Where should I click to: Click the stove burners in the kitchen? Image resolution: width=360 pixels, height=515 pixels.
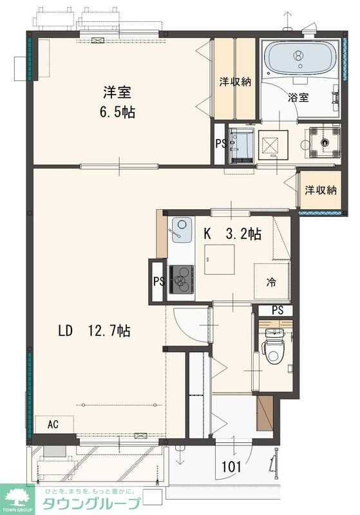pos(182,279)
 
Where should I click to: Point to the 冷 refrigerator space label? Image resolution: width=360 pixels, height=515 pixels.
pos(271,282)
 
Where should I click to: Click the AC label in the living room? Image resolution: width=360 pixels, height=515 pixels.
pos(53,424)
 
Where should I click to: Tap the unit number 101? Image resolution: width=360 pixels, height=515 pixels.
pos(232,467)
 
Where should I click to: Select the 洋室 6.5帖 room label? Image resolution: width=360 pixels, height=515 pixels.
pos(117,102)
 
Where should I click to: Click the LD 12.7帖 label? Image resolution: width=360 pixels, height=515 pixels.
pos(94,331)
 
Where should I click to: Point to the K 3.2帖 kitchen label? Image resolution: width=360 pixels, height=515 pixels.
pos(232,234)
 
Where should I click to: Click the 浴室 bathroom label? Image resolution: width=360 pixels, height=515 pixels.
pos(298,97)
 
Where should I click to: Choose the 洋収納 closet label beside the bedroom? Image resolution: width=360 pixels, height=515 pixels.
pos(235,82)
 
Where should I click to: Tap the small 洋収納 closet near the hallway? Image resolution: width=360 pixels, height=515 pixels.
pos(321,190)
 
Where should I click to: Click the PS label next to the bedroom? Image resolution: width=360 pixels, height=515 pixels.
pos(221,144)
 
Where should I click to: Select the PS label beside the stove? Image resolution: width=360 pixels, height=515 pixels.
pos(159,281)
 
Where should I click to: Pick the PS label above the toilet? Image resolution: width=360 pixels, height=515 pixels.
pos(278,310)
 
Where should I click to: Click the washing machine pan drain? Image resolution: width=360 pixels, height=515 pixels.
pos(325,142)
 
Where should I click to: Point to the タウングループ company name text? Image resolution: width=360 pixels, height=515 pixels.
pos(92,503)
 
